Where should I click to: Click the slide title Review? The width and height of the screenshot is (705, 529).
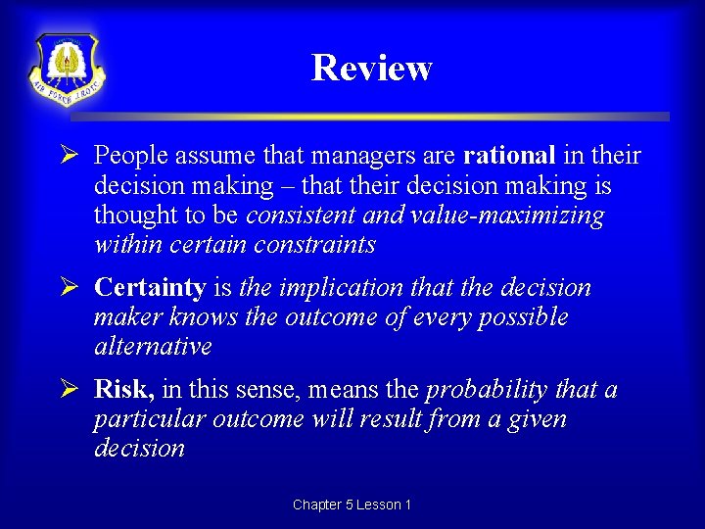(371, 68)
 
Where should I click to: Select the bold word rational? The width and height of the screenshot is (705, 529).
(509, 156)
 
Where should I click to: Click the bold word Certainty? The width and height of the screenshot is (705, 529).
(150, 288)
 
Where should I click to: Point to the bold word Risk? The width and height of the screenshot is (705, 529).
(123, 390)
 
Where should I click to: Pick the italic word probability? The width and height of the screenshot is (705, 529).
(487, 390)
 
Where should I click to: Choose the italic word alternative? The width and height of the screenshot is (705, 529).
(153, 347)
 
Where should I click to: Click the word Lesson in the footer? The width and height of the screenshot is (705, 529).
(378, 505)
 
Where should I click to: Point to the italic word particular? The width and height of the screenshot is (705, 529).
(143, 419)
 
